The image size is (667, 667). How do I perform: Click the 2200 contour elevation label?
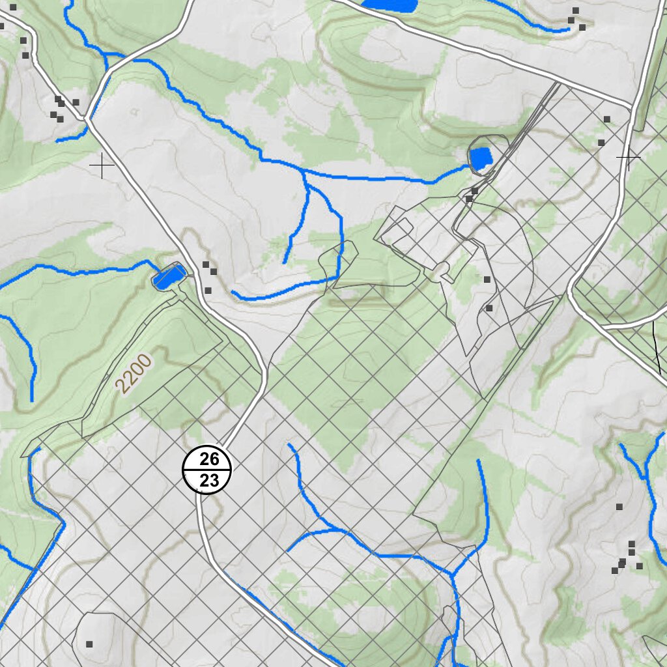click(x=133, y=373)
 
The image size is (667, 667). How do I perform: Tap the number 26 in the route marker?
click(x=209, y=459)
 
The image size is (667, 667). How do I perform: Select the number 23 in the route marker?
click(x=209, y=481)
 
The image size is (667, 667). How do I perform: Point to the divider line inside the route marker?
click(x=207, y=470)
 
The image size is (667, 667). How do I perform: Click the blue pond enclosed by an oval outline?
click(x=482, y=158)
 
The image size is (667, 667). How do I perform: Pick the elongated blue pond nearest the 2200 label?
click(x=169, y=276)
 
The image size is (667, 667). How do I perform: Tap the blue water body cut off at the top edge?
click(x=389, y=5)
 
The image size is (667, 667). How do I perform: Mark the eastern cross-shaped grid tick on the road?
click(x=628, y=157)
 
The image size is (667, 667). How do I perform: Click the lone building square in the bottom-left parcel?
click(x=89, y=644)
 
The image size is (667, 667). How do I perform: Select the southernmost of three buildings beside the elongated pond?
click(x=208, y=291)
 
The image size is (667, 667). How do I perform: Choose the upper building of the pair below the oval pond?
click(x=475, y=190)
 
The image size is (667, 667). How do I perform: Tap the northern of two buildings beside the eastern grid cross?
click(x=607, y=119)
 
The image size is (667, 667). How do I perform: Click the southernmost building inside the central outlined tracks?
click(x=489, y=308)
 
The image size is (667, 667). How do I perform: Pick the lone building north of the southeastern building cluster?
click(x=619, y=506)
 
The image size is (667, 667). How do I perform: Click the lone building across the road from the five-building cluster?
click(x=76, y=102)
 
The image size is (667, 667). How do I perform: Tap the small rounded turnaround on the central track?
click(x=442, y=268)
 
